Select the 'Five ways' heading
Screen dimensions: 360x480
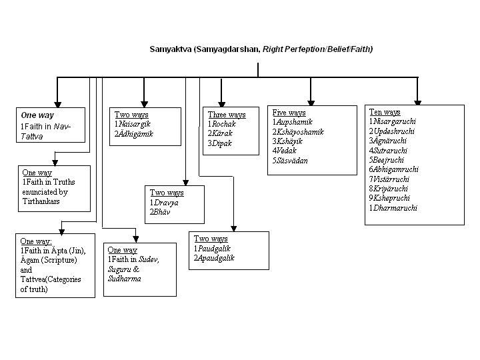click(x=289, y=113)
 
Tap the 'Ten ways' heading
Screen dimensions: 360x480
click(x=385, y=112)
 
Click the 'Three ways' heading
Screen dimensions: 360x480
click(x=227, y=115)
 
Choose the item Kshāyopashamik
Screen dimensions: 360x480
click(x=300, y=132)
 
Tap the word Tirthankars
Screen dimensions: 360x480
click(x=41, y=201)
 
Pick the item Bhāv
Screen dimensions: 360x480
click(x=161, y=212)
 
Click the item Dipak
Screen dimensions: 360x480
click(x=222, y=143)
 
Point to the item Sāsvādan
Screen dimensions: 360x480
click(x=292, y=161)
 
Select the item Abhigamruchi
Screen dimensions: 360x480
click(x=396, y=169)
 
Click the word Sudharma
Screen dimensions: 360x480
click(x=124, y=279)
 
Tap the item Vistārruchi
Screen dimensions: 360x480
click(x=392, y=179)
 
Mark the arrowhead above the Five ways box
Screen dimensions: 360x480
click(x=311, y=101)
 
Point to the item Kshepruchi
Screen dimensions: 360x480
click(x=391, y=198)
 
